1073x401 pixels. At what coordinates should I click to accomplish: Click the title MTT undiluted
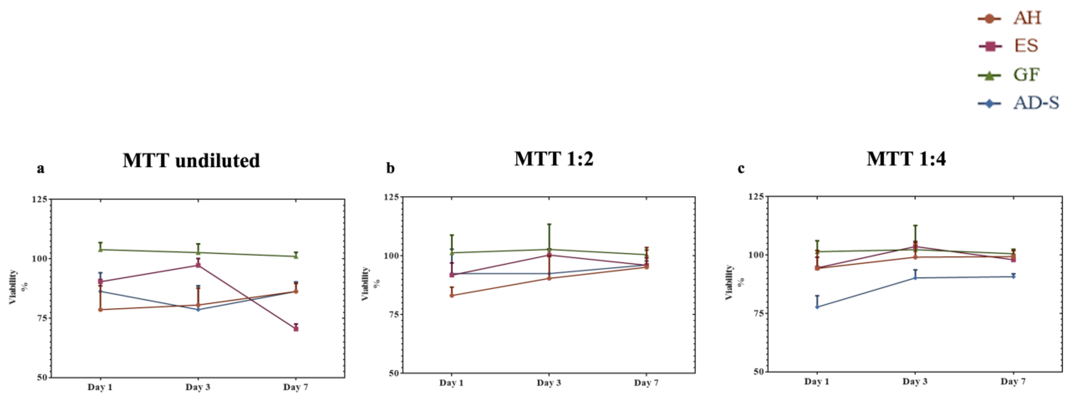pyautogui.click(x=191, y=161)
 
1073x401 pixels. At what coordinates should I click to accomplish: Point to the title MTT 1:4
pyautogui.click(x=906, y=159)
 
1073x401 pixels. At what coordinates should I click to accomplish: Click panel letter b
pyautogui.click(x=390, y=168)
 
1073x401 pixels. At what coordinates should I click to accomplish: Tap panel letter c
pyautogui.click(x=741, y=168)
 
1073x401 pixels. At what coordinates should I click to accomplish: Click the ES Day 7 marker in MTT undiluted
pyautogui.click(x=296, y=329)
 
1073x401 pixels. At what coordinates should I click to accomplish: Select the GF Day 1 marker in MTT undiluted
pyautogui.click(x=100, y=250)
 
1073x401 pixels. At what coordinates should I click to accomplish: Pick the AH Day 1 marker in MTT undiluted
pyautogui.click(x=100, y=309)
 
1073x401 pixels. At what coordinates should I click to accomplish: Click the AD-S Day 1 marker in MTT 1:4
pyautogui.click(x=817, y=307)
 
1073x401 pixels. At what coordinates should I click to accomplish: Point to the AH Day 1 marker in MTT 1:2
pyautogui.click(x=452, y=295)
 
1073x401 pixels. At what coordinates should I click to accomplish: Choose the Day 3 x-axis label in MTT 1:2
pyautogui.click(x=548, y=383)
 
